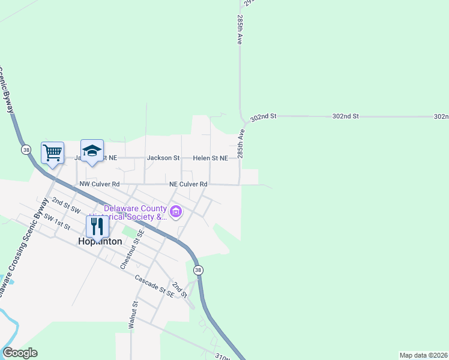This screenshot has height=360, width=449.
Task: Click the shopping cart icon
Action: [x=52, y=152]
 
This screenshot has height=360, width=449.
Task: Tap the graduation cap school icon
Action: [x=92, y=151]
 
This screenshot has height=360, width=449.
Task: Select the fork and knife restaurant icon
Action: [x=97, y=226]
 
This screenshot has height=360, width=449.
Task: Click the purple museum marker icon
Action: [x=176, y=212]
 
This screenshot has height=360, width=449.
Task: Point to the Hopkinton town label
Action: [x=100, y=241]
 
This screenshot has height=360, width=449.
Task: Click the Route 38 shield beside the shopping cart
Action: [x=25, y=149]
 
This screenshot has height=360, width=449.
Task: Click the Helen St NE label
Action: [x=210, y=158]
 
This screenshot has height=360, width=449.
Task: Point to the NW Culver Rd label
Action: [x=99, y=184]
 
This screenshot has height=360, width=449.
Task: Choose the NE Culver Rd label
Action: [x=188, y=184]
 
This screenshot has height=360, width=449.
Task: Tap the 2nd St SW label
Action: [x=66, y=205]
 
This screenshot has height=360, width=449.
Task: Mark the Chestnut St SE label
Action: [x=132, y=249]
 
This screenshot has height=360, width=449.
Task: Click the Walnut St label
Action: [x=133, y=314]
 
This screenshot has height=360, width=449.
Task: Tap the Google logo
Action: [x=19, y=353]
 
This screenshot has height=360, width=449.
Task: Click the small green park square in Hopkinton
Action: [x=130, y=230]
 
